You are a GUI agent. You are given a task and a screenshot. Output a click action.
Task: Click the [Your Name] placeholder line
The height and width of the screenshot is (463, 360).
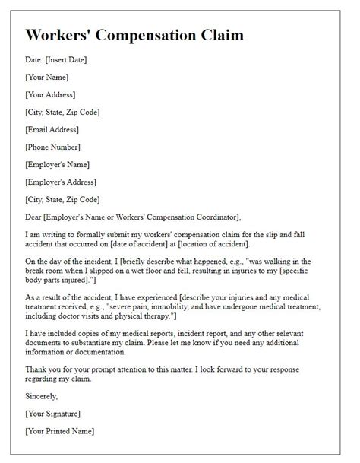click(x=47, y=77)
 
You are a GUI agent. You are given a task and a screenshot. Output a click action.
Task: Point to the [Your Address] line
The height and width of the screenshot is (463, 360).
click(x=51, y=94)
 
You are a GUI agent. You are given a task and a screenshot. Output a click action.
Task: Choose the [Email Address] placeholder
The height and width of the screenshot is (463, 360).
click(x=52, y=129)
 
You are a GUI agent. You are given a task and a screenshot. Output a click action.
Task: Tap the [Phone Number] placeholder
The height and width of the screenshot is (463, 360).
click(x=52, y=147)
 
